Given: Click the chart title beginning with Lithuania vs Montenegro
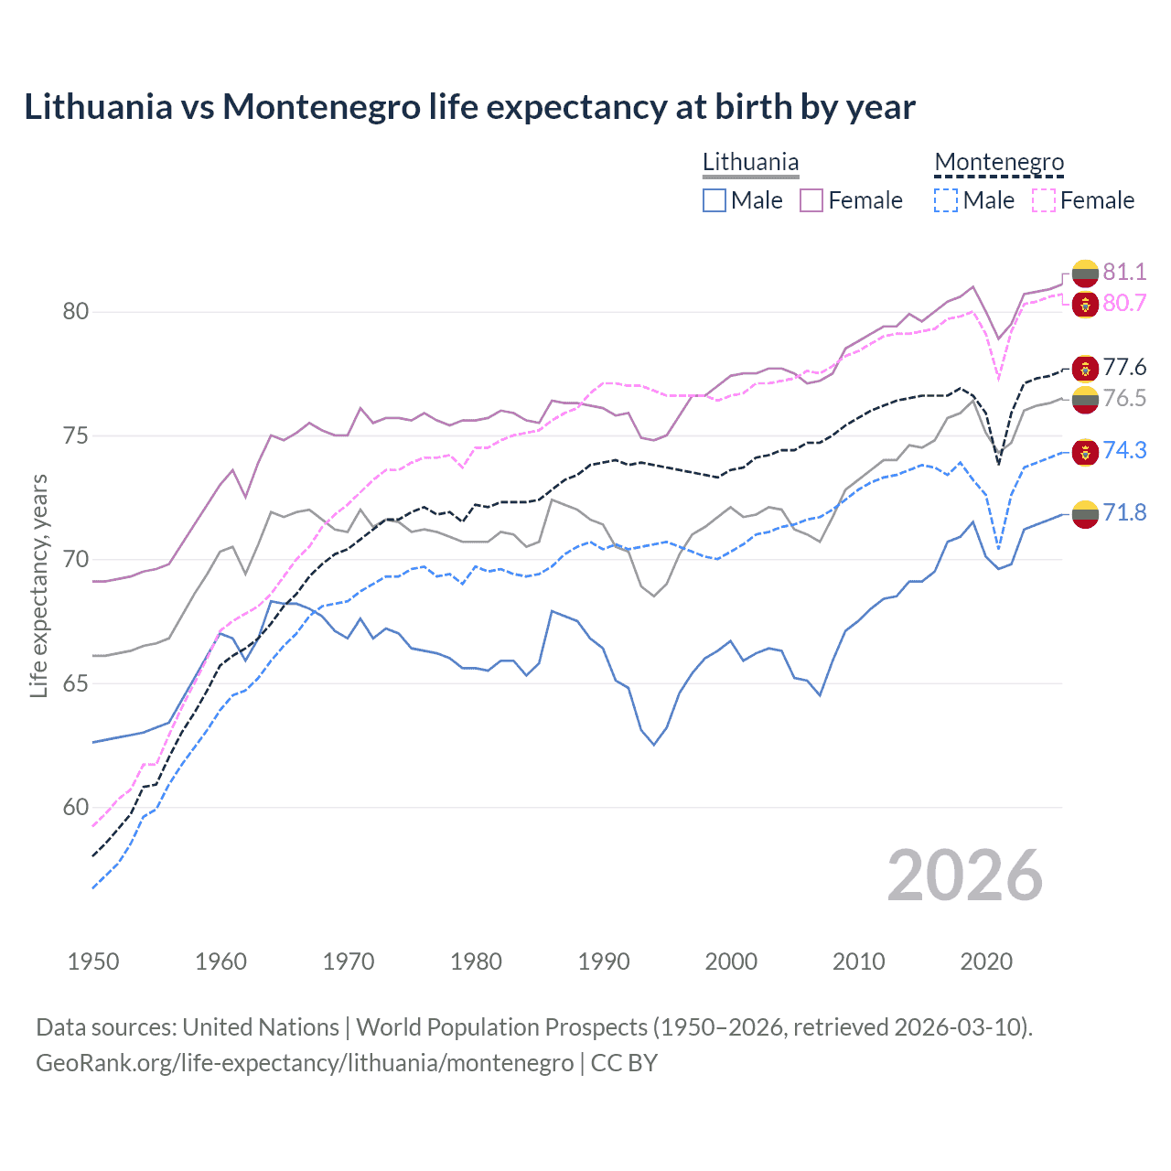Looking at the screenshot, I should pos(469,107).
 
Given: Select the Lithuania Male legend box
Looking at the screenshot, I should pos(714,200).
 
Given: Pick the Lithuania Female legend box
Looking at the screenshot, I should pos(811,200).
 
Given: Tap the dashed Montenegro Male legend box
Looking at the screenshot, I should pos(946,200).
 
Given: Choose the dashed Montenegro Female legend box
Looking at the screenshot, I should pos(1043,200).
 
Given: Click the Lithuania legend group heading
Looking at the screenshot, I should pos(750,162).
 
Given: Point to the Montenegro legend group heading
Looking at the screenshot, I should pos(999,162).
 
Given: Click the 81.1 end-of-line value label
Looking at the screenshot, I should pos(1124,272).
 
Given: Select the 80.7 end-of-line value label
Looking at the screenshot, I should pos(1124,303).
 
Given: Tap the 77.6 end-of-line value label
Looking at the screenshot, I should pos(1124,367).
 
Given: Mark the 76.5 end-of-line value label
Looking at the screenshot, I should pos(1124,398).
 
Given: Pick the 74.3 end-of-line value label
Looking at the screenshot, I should pos(1124,450).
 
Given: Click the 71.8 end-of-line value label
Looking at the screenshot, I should pos(1124,512).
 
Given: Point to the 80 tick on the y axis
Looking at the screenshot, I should pos(76,311).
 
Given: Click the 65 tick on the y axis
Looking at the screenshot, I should pos(76,683).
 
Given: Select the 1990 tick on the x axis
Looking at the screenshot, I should pos(603,962).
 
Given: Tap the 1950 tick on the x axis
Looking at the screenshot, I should pos(93,962).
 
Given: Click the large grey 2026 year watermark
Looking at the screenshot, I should pos(964,876).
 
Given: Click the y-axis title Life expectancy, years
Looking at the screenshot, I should pos(38,585).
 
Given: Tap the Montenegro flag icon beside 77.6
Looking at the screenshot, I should pos(1085,368).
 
